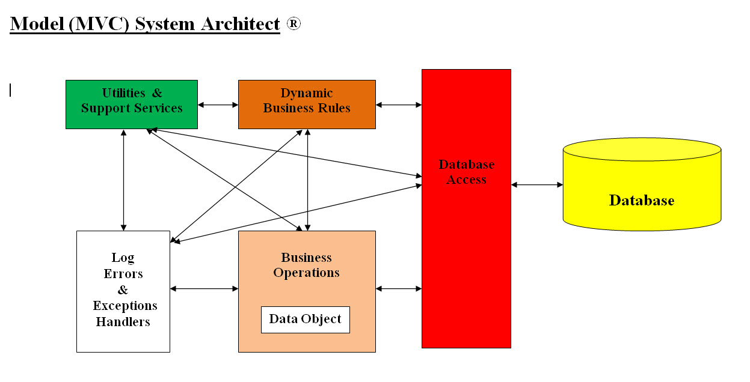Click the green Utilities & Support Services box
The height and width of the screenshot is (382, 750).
pyautogui.click(x=131, y=104)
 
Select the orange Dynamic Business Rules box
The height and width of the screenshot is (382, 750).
pyautogui.click(x=307, y=104)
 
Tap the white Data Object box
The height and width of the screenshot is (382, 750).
pyautogui.click(x=305, y=320)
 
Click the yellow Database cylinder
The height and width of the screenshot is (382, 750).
pyautogui.click(x=641, y=186)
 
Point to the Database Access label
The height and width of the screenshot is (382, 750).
pyautogui.click(x=466, y=172)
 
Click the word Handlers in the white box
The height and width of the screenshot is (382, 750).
pyautogui.click(x=123, y=322)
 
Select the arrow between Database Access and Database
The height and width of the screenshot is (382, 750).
pyautogui.click(x=536, y=185)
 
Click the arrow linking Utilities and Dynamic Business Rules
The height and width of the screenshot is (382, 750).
pyautogui.click(x=218, y=105)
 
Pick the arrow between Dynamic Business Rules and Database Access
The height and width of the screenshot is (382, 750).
pyautogui.click(x=399, y=105)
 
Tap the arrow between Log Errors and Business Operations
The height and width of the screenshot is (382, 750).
pyautogui.click(x=204, y=289)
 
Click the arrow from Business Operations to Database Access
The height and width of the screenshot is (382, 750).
pyautogui.click(x=399, y=289)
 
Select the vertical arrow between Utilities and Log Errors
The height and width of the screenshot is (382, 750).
pyautogui.click(x=123, y=180)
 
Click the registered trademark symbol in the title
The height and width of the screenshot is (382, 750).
pyautogui.click(x=293, y=23)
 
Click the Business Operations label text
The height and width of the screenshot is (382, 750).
pyautogui.click(x=306, y=265)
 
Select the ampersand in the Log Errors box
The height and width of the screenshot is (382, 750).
pyautogui.click(x=123, y=290)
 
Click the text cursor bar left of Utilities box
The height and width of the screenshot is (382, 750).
pyautogui.click(x=10, y=90)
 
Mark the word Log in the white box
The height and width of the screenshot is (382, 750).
pyautogui.click(x=123, y=258)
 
